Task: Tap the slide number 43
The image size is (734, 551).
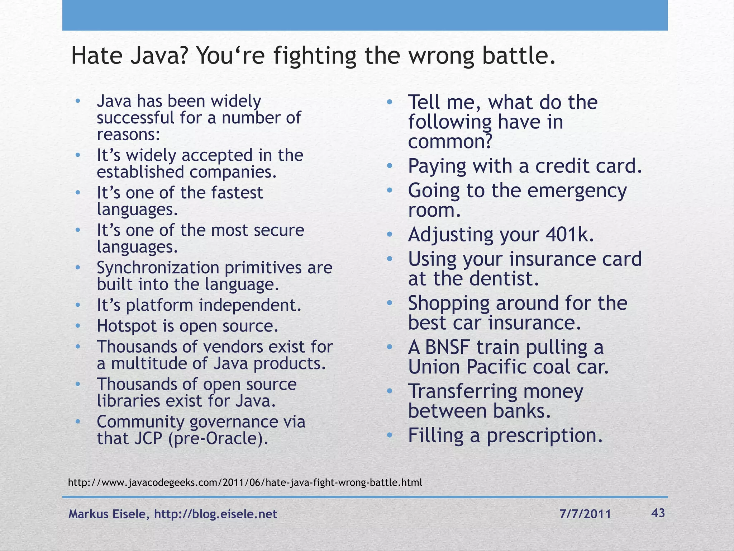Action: [x=658, y=513]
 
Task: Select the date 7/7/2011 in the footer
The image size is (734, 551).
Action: [x=585, y=514]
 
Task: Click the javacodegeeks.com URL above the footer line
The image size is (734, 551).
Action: [x=245, y=482]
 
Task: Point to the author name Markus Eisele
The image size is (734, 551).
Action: [x=107, y=514]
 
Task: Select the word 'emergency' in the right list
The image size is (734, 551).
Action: [x=577, y=190]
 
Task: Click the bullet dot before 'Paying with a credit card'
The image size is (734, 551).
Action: [x=390, y=166]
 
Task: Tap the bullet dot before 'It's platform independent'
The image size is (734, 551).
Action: [x=78, y=305]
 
